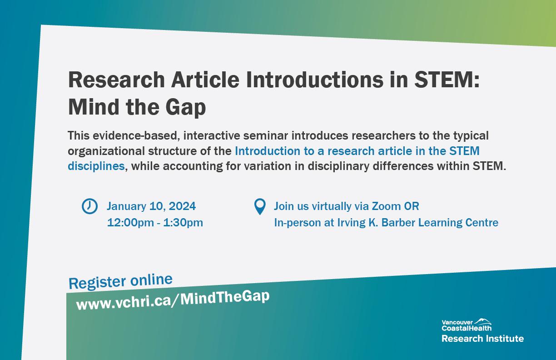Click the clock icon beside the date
tap(89, 206)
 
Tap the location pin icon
tap(260, 206)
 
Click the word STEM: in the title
tap(447, 80)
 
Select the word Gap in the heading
tap(186, 108)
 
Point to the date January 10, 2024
tap(151, 206)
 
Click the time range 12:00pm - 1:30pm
tap(155, 223)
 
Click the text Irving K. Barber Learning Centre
tap(417, 223)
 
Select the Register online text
tap(120, 281)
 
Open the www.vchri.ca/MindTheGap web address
tap(173, 300)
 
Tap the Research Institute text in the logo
tap(482, 339)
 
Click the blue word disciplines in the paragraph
tap(96, 166)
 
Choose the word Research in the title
tap(117, 80)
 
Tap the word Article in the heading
tap(205, 80)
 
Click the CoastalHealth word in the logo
tap(467, 329)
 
